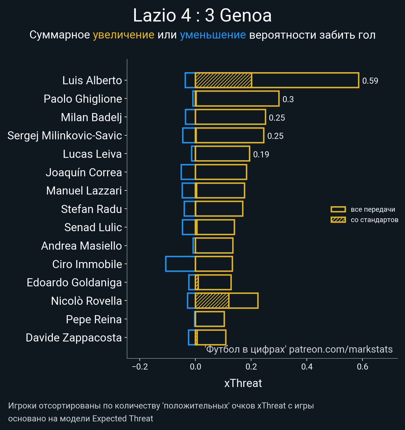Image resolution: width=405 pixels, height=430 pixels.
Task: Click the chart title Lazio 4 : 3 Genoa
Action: click(x=202, y=15)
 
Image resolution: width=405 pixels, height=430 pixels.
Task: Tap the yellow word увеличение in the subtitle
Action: click(x=124, y=35)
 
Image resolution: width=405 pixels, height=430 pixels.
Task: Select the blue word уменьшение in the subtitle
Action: click(x=213, y=35)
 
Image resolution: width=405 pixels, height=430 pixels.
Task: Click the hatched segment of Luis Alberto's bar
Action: click(x=223, y=80)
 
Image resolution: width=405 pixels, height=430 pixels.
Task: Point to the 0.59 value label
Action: click(x=370, y=81)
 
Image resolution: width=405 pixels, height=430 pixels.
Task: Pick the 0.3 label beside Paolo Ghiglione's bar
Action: click(x=288, y=99)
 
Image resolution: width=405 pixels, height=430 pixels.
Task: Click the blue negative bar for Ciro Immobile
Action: click(x=180, y=264)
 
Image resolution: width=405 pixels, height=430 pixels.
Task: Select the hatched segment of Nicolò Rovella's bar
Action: click(x=212, y=300)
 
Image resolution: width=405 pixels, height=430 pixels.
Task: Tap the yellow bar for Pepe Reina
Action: click(x=210, y=319)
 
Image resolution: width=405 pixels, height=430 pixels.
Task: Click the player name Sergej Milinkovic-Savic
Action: click(x=65, y=136)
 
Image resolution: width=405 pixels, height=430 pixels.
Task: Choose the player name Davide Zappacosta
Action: click(x=74, y=338)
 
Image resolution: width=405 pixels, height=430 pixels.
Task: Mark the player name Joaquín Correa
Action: click(x=84, y=173)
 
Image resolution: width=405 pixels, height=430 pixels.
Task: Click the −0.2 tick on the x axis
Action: click(x=140, y=367)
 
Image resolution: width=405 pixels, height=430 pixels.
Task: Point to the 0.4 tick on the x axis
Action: click(x=307, y=367)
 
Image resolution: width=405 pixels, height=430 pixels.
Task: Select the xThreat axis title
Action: click(x=243, y=383)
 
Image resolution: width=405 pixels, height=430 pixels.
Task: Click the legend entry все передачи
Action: click(x=373, y=209)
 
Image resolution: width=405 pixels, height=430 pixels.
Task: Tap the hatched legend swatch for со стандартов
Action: click(x=338, y=220)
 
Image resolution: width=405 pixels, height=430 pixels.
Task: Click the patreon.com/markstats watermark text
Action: click(x=340, y=349)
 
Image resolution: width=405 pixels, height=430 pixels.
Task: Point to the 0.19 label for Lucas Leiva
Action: click(x=261, y=155)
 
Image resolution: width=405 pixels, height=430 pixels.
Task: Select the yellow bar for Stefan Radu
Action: click(x=219, y=209)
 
